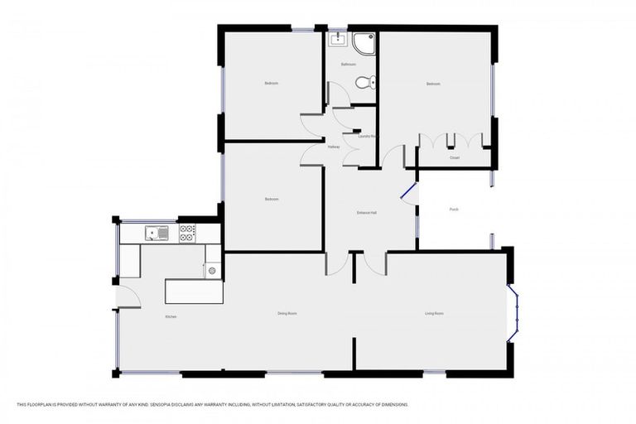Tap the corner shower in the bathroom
coord(364,43)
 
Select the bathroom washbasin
coord(338,39)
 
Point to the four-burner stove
coord(187,234)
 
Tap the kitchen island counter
coord(193,291)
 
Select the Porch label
coord(454,210)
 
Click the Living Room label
coord(434,313)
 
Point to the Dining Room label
coord(287,313)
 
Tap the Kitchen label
coord(171,317)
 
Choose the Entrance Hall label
coord(367,213)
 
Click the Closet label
coord(455,157)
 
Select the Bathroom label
coord(349,64)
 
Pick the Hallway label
coord(333,147)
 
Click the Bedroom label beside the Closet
coord(433,84)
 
